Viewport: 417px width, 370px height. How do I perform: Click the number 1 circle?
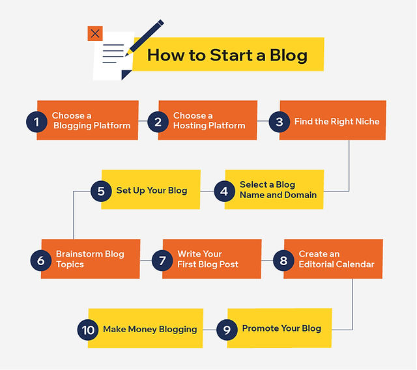tap(36, 121)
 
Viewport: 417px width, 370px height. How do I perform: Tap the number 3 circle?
tap(280, 121)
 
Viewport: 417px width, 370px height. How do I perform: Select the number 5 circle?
tap(101, 191)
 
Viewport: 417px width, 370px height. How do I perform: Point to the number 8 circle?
tap(283, 260)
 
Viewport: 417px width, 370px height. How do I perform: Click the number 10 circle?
tap(88, 330)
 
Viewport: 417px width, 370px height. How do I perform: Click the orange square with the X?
tap(95, 33)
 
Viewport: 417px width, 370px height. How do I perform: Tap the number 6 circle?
tap(40, 260)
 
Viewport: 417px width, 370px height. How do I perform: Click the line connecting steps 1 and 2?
tap(143, 121)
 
